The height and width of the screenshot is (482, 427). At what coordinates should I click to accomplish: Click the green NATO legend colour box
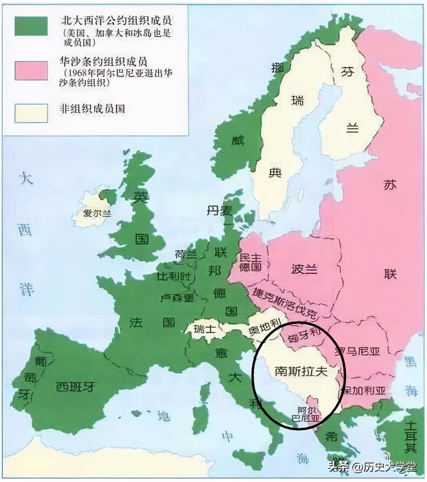point(31,26)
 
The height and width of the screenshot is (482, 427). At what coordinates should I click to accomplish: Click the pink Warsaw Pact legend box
point(31,70)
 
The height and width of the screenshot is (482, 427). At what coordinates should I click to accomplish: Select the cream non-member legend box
point(31,113)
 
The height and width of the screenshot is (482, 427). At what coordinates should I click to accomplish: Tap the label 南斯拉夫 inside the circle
point(301,371)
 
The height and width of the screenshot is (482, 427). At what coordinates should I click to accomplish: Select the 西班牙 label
point(75,386)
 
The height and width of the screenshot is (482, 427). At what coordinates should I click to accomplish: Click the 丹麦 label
point(219,210)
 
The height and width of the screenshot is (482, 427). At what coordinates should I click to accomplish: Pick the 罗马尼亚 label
point(357,351)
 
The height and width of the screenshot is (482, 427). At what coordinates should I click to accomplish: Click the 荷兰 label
point(186,254)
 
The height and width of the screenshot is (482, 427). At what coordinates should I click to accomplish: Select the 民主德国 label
point(250,262)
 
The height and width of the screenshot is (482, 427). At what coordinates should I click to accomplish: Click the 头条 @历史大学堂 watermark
point(372,466)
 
